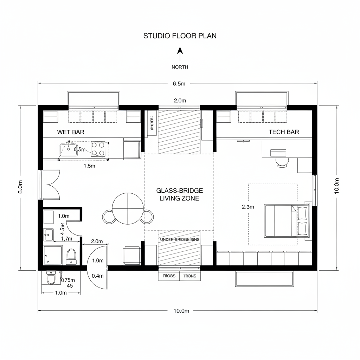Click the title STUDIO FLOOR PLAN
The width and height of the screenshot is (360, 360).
(x=180, y=36)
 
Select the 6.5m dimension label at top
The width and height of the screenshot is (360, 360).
(x=179, y=84)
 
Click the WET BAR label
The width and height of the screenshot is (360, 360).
(x=71, y=132)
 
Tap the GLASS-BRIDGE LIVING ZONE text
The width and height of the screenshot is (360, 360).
(x=179, y=194)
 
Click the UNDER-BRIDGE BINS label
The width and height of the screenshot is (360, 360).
(x=179, y=239)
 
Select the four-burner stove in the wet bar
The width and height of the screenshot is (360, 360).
(x=98, y=149)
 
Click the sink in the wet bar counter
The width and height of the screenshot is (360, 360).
(x=69, y=149)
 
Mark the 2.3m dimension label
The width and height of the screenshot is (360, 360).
(x=248, y=207)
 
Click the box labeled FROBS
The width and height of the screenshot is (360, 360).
(x=169, y=276)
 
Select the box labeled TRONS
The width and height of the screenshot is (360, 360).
(x=190, y=276)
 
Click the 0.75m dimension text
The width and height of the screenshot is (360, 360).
(x=68, y=280)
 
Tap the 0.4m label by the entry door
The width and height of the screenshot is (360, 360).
(x=97, y=276)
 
